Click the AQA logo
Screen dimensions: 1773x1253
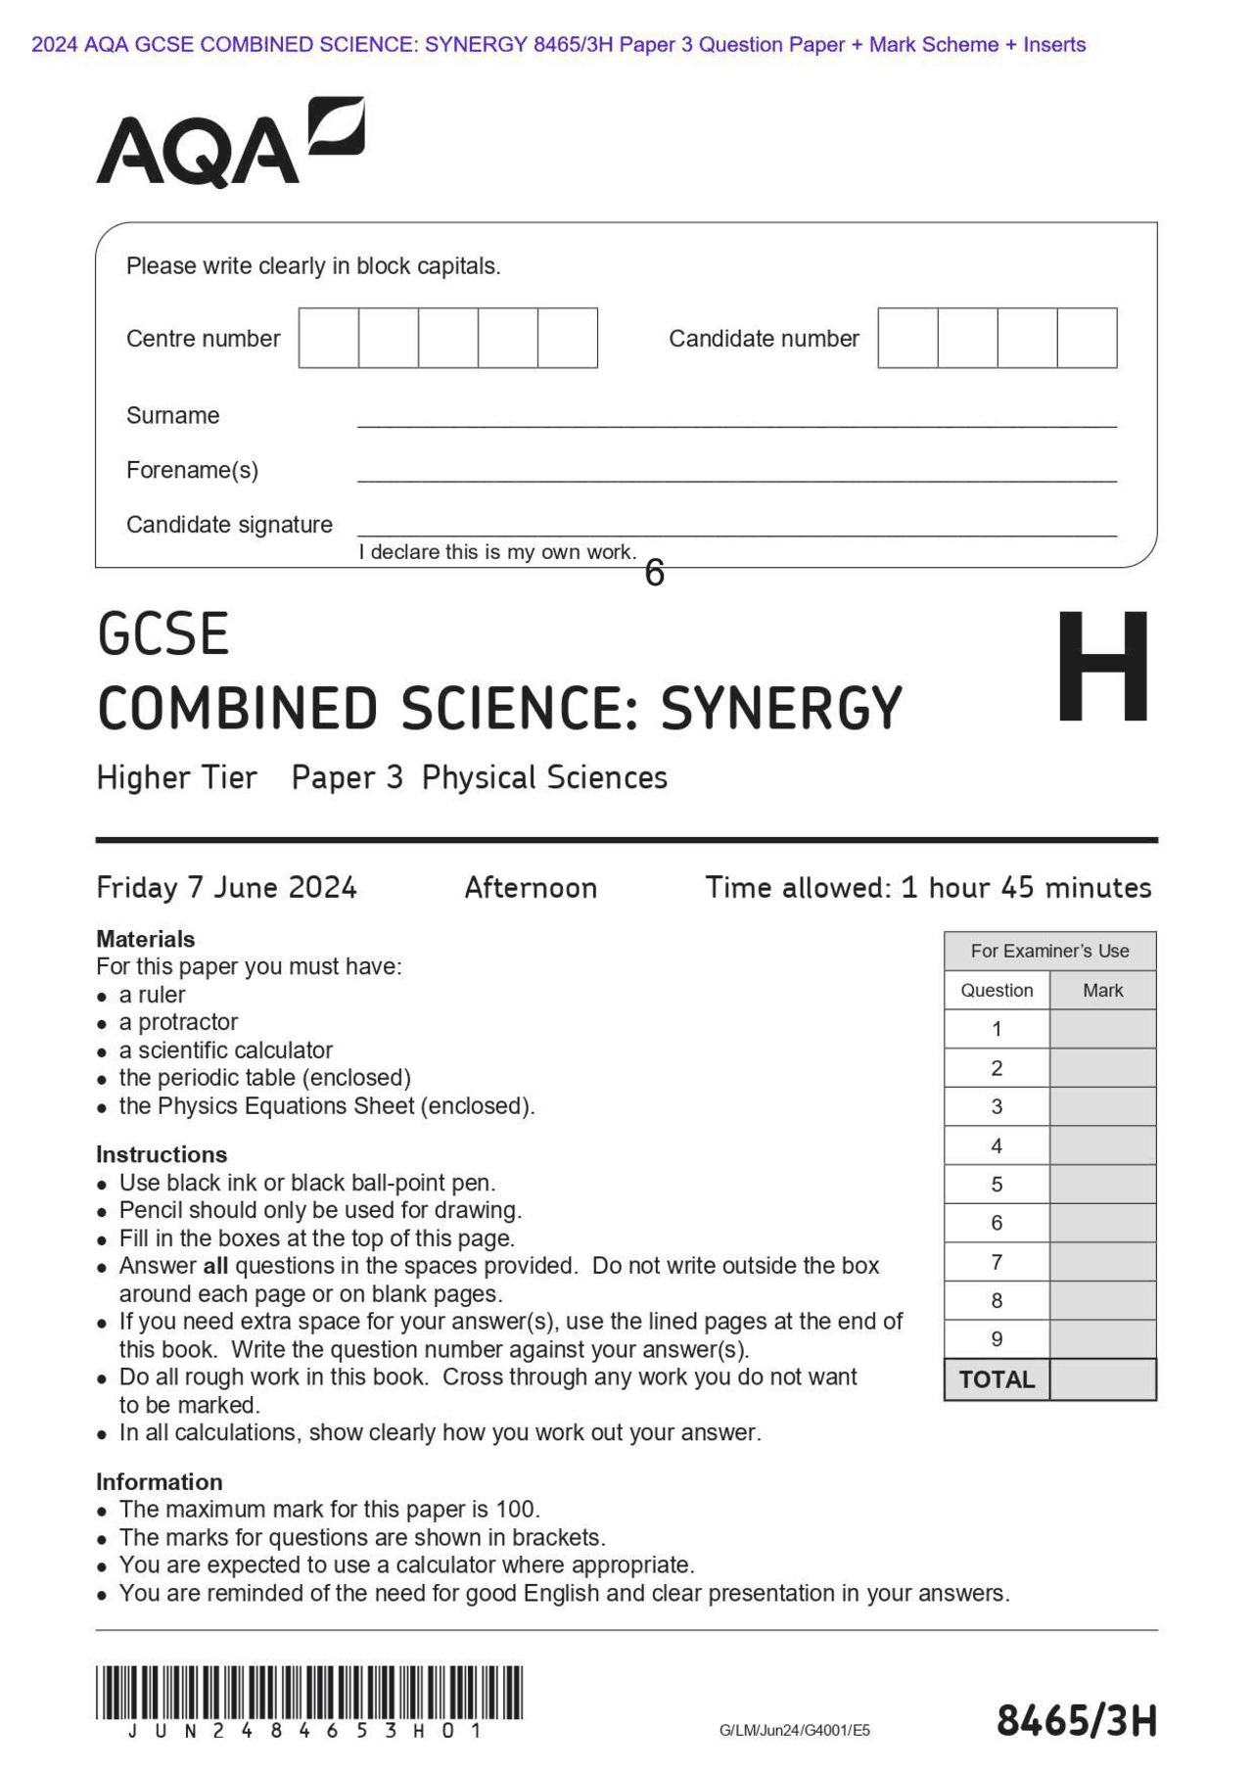pyautogui.click(x=230, y=144)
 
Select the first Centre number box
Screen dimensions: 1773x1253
pyautogui.click(x=329, y=338)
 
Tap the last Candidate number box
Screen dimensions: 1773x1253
pyautogui.click(x=1087, y=338)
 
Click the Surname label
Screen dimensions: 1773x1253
pyautogui.click(x=172, y=415)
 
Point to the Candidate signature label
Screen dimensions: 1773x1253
pyautogui.click(x=229, y=525)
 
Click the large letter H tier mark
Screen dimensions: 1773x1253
pyautogui.click(x=1103, y=666)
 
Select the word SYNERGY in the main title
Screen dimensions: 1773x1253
pyautogui.click(x=780, y=709)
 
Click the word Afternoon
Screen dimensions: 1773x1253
pyautogui.click(x=531, y=888)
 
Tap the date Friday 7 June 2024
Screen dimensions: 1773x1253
pyautogui.click(x=226, y=888)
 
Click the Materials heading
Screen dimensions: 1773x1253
pyautogui.click(x=145, y=939)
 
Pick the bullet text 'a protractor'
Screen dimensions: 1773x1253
pyautogui.click(x=178, y=1022)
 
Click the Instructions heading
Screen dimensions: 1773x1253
pyautogui.click(x=162, y=1154)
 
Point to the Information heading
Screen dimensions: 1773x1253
pyautogui.click(x=159, y=1481)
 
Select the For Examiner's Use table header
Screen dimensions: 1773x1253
pyautogui.click(x=1049, y=951)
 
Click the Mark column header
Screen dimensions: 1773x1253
pyautogui.click(x=1102, y=990)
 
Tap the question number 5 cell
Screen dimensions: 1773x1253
pyautogui.click(x=997, y=1185)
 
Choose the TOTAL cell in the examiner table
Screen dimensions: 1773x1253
pyautogui.click(x=997, y=1379)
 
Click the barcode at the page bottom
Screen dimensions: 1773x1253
pyautogui.click(x=309, y=1693)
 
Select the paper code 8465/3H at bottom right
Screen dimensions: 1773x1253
pyautogui.click(x=1076, y=1721)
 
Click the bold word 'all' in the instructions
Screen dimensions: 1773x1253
pyautogui.click(x=215, y=1266)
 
